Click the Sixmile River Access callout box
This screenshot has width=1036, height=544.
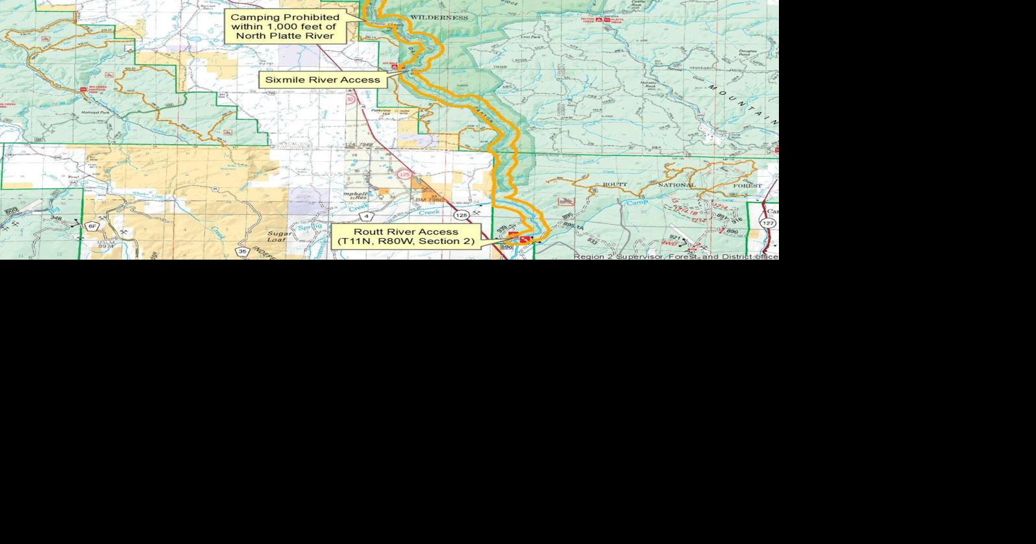[323, 80]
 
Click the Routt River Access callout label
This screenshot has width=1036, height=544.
[406, 236]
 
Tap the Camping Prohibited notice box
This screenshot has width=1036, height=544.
[284, 26]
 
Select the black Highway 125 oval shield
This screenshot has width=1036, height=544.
[462, 215]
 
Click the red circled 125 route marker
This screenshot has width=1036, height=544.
[404, 175]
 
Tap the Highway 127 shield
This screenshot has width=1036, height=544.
[768, 223]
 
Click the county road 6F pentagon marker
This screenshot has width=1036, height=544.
[93, 226]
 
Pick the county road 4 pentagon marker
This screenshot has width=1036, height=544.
[367, 216]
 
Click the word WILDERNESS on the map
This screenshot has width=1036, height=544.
[439, 18]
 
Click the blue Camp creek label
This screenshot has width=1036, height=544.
[637, 203]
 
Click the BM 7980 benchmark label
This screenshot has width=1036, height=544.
[429, 200]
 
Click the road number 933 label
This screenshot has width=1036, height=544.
[592, 241]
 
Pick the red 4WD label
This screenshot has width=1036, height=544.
[669, 243]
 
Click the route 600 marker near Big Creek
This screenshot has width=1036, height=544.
[10, 211]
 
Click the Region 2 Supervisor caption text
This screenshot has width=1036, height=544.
[675, 256]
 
